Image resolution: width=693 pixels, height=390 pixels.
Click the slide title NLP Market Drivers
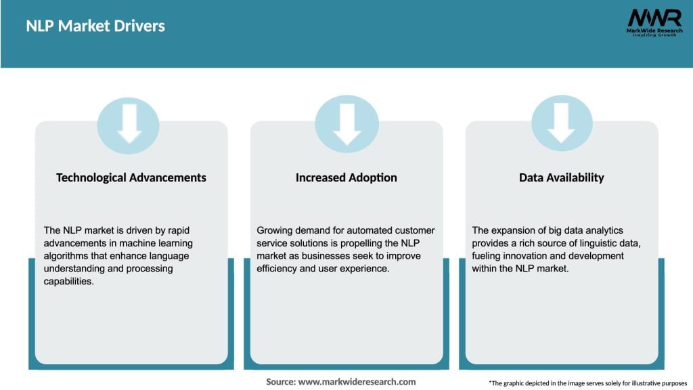point(95,26)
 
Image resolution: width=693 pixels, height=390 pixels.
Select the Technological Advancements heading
point(131,177)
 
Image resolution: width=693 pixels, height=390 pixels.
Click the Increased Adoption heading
point(346,177)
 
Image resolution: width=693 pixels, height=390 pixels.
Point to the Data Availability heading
point(562,177)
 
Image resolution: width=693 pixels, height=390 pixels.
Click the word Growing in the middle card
point(275,231)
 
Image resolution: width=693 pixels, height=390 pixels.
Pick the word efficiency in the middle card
point(279,269)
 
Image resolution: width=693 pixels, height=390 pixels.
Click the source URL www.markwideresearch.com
point(357,382)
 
